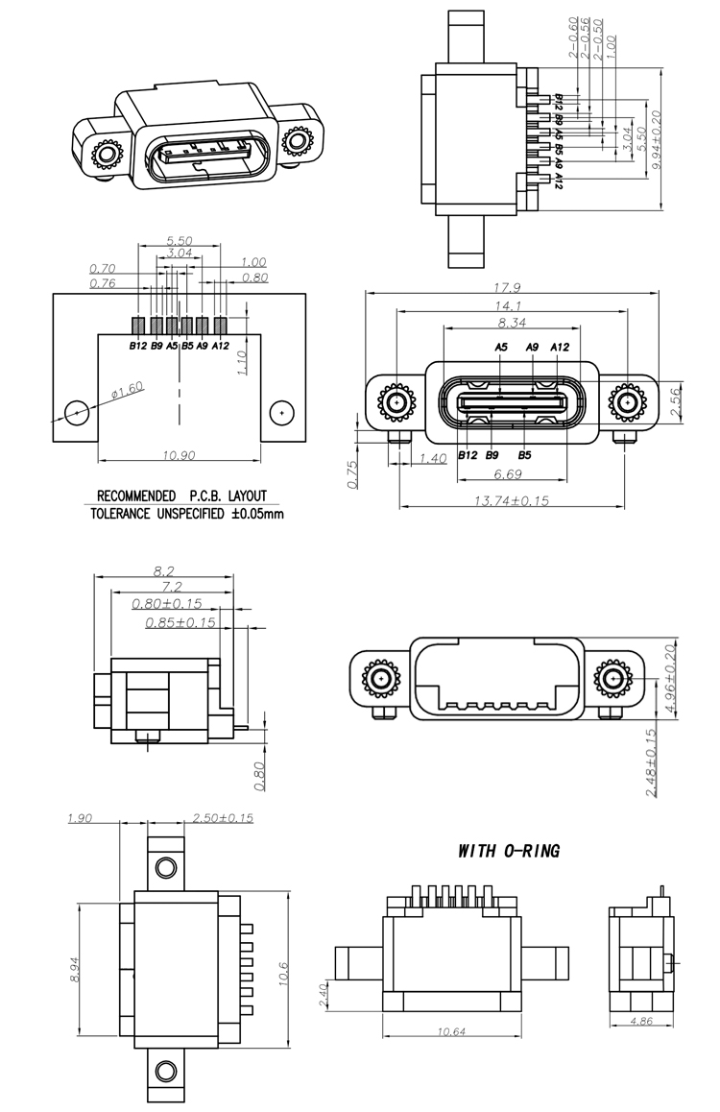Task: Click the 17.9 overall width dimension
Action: pyautogui.click(x=509, y=287)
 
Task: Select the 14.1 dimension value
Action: pyautogui.click(x=510, y=306)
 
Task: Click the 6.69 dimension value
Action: pyautogui.click(x=508, y=474)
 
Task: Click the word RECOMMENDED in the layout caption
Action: pyautogui.click(x=135, y=496)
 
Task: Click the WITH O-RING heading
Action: pyautogui.click(x=508, y=851)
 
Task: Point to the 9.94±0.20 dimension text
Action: pyautogui.click(x=657, y=140)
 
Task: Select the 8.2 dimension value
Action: pyautogui.click(x=163, y=570)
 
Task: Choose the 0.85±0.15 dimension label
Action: pyautogui.click(x=180, y=622)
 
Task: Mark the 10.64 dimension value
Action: pyautogui.click(x=451, y=1031)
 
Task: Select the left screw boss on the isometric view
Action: pyautogui.click(x=104, y=154)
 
